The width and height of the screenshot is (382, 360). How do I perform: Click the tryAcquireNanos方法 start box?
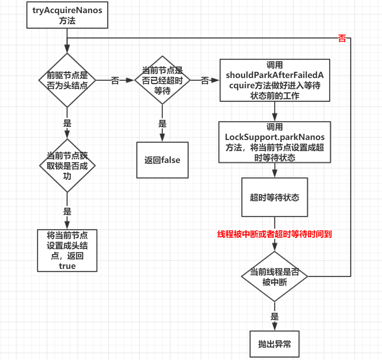67,15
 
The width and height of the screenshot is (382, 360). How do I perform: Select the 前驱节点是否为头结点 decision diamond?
67,80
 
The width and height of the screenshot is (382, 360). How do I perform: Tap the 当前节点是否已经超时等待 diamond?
162,80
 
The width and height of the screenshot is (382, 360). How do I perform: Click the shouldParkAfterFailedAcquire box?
274,80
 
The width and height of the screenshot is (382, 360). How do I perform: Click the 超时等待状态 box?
274,197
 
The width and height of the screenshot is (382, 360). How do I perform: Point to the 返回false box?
162,160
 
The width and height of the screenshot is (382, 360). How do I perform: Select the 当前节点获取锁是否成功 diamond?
67,166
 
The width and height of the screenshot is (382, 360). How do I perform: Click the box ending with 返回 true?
67,250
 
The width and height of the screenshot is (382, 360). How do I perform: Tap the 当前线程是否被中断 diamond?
274,277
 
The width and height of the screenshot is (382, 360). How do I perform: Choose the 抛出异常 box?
274,344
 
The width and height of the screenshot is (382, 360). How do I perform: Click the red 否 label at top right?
342,39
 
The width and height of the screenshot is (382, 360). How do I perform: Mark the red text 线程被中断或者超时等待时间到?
274,234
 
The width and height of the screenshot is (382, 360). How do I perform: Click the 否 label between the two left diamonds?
115,80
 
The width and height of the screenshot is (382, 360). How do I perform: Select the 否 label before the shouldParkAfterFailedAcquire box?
205,80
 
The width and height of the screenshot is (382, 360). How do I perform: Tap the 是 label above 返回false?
162,124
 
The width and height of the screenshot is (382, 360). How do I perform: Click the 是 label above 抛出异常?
274,316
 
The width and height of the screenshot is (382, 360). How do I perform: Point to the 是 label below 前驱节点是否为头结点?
67,123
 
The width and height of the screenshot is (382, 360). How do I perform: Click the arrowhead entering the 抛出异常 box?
274,327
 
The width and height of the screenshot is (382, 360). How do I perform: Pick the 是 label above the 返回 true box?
67,212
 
